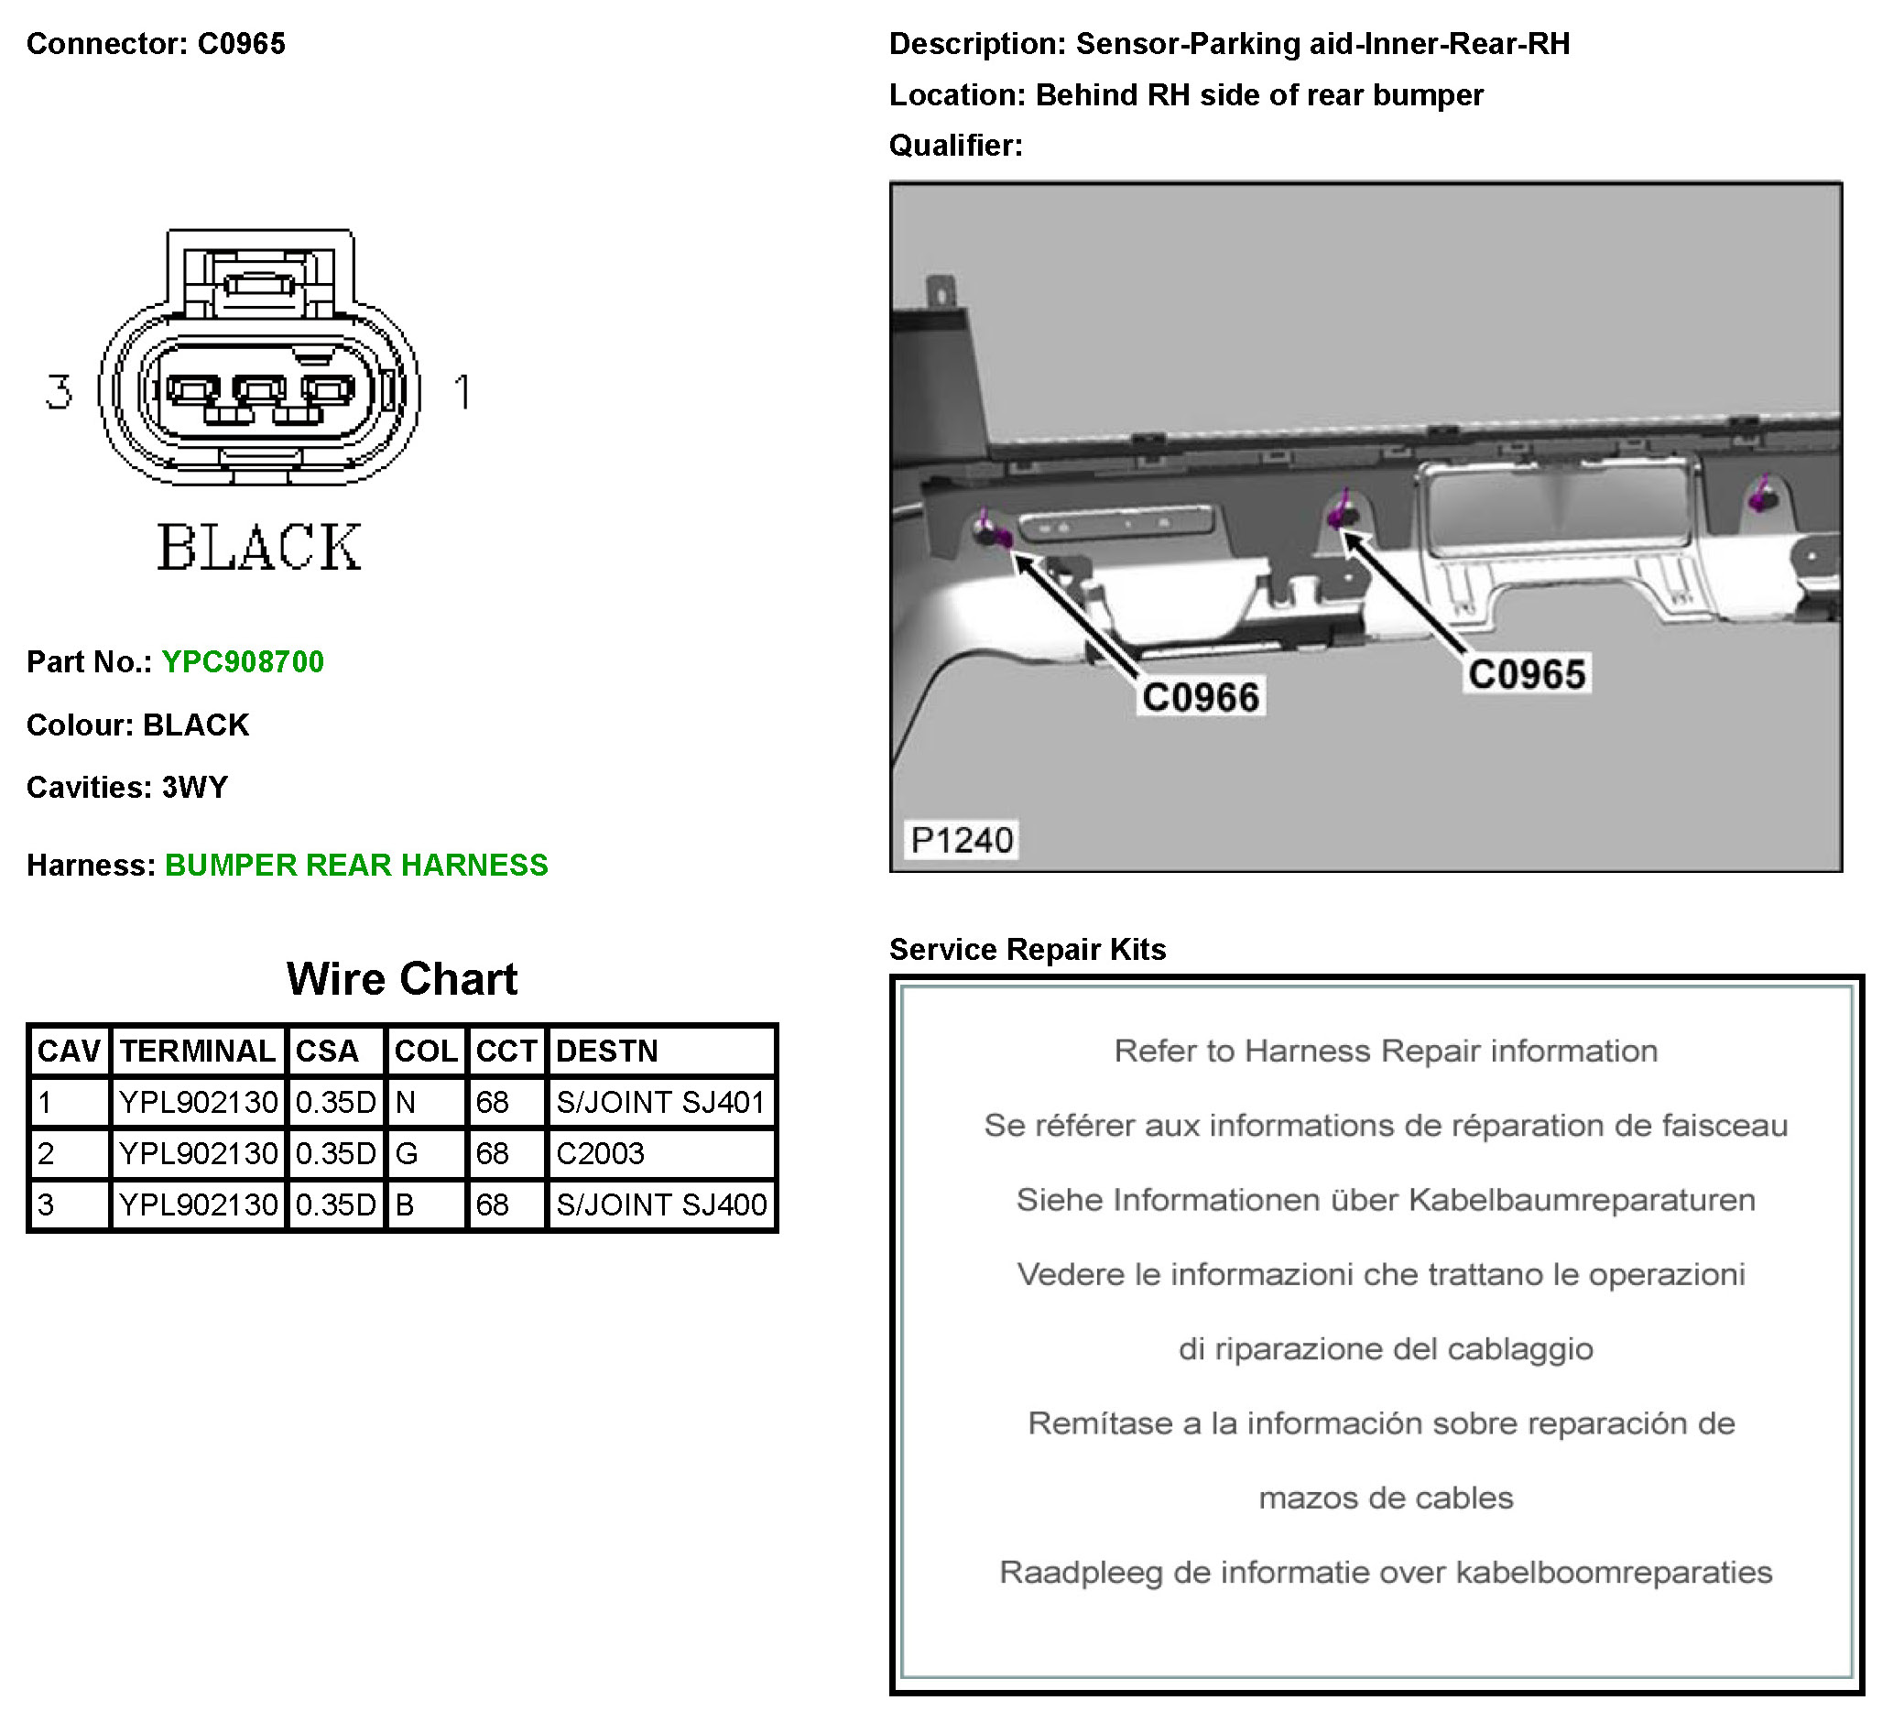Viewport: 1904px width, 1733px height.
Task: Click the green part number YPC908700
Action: [243, 662]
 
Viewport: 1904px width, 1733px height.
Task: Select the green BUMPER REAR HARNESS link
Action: [356, 865]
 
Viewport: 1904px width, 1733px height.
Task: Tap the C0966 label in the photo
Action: [1201, 698]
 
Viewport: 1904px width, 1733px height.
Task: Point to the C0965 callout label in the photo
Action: [1526, 674]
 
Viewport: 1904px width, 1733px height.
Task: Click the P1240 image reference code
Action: [962, 840]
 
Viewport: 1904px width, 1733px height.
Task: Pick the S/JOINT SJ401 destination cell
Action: [660, 1102]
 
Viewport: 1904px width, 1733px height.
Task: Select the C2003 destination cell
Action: [601, 1153]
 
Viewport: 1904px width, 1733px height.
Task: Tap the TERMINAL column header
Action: [198, 1052]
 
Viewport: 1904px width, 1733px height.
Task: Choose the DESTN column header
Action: [606, 1052]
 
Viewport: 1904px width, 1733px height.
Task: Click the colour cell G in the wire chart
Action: [406, 1153]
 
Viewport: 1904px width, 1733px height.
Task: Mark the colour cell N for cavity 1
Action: [406, 1102]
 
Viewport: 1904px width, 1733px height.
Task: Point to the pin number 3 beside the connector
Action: [59, 391]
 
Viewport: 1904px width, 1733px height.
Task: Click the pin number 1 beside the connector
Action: [462, 391]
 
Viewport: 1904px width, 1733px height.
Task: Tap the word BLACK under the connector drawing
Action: [259, 547]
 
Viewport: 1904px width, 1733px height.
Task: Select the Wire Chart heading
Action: [401, 979]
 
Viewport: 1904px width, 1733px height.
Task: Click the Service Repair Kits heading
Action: [1028, 949]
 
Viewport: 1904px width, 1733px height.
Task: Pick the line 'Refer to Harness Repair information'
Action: [1386, 1052]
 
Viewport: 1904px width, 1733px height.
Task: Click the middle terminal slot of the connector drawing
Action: [259, 389]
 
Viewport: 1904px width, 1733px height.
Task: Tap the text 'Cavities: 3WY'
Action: [127, 788]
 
